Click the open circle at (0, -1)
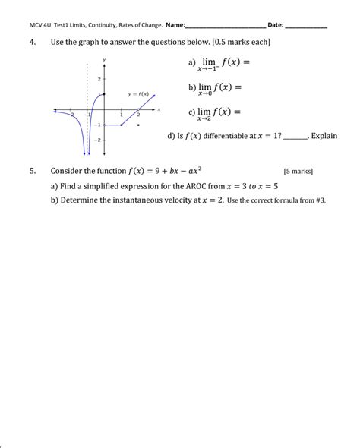[x=104, y=125]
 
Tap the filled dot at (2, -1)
[x=137, y=125]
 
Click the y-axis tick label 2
[x=99, y=79]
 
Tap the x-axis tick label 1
[x=121, y=115]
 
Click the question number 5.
[x=33, y=172]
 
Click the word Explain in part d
[x=324, y=137]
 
